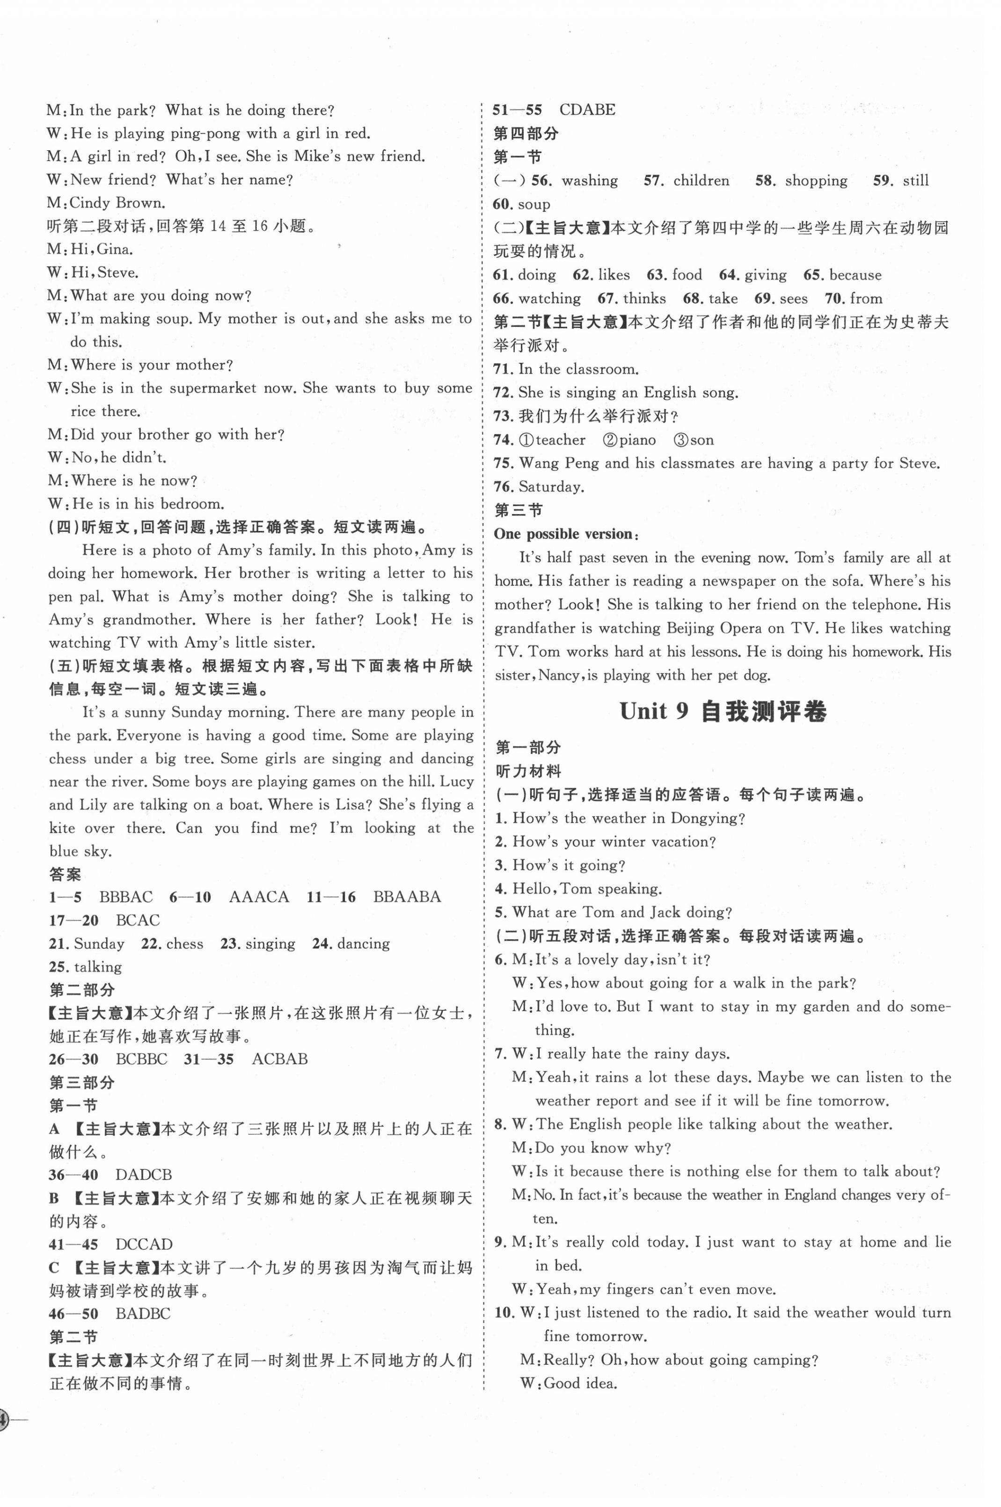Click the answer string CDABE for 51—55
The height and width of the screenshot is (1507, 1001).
coord(587,110)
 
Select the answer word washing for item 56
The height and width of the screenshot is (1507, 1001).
coord(589,181)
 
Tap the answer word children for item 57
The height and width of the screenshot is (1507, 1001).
coord(701,181)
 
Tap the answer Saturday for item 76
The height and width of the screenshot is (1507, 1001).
coord(551,487)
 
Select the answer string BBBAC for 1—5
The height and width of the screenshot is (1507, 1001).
coord(126,897)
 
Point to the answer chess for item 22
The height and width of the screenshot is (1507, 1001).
coord(184,944)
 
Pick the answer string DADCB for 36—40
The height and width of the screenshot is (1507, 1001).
coord(144,1174)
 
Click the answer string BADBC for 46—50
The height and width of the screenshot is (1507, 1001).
coord(143,1314)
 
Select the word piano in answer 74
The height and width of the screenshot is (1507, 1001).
coord(636,440)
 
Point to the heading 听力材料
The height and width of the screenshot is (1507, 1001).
coord(529,772)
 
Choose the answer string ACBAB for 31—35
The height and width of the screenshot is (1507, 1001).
coord(280,1059)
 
